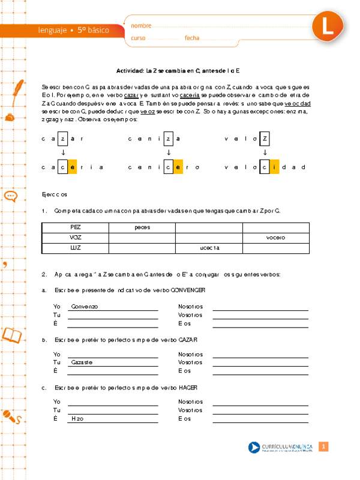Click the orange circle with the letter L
[x=327, y=27]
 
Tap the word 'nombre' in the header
[x=141, y=26]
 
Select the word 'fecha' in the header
[x=192, y=38]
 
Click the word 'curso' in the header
[x=139, y=38]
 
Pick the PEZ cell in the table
[x=75, y=227]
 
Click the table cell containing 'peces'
[x=142, y=227]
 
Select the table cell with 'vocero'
[x=276, y=238]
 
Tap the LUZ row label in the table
[x=75, y=248]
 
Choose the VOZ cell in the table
[x=75, y=238]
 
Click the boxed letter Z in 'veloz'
[x=265, y=139]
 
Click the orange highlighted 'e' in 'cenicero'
[x=178, y=167]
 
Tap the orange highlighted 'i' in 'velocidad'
[x=274, y=167]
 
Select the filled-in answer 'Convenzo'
[x=84, y=307]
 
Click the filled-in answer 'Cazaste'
[x=82, y=362]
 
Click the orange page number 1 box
[x=323, y=447]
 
